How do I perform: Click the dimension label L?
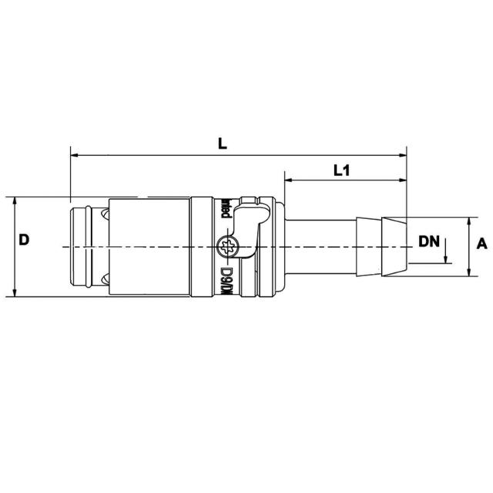point(223,143)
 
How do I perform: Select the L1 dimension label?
point(342,171)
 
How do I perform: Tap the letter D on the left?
point(24,240)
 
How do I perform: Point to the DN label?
point(429,241)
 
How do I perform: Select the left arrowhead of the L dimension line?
point(75,156)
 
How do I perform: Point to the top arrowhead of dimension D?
point(15,200)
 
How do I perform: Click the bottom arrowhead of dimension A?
point(469,273)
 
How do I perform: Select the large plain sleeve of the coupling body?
point(150,246)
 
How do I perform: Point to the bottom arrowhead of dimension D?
point(15,292)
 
